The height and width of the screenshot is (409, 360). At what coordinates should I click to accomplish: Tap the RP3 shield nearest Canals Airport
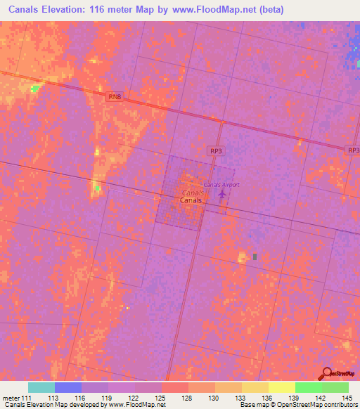click(x=217, y=150)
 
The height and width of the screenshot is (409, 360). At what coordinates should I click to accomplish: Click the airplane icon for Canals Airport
click(x=224, y=192)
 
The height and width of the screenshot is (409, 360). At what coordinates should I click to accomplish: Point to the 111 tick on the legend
click(x=27, y=398)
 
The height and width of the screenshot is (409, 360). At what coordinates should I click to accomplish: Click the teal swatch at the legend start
click(x=41, y=387)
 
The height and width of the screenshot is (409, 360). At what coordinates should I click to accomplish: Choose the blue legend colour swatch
click(x=67, y=387)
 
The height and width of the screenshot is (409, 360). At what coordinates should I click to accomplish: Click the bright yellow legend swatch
click(x=281, y=387)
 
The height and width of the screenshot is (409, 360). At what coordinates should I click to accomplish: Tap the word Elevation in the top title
click(x=73, y=8)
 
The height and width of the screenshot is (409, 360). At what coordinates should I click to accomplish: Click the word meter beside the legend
click(x=10, y=398)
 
